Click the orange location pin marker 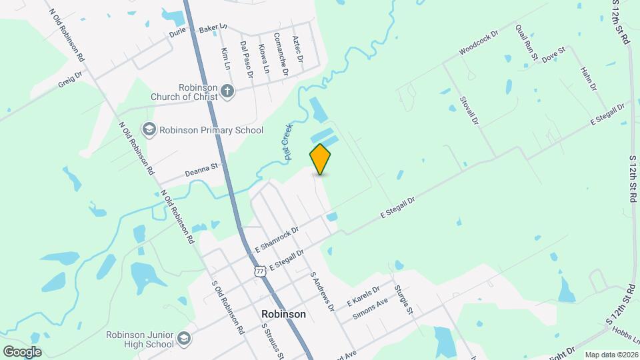tap(321, 159)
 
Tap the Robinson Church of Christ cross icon tap(227, 91)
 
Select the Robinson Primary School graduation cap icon tap(148, 129)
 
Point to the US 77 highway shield tap(260, 271)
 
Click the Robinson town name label tap(283, 314)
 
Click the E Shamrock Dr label tap(276, 238)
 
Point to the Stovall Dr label tap(469, 110)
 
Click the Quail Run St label tap(526, 43)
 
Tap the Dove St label tap(553, 55)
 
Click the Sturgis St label tap(404, 299)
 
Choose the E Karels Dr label tap(363, 297)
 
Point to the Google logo tap(22, 351)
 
